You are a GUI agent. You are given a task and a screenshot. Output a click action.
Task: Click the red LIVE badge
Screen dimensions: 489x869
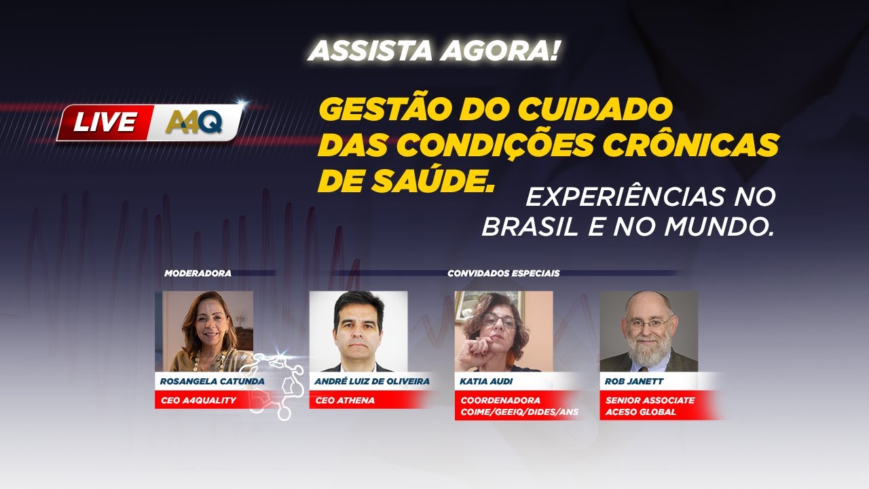point(105,122)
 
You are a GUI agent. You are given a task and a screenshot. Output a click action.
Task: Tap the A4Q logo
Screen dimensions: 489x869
point(194,122)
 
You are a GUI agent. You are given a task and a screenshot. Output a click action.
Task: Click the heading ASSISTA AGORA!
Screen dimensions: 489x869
point(434,51)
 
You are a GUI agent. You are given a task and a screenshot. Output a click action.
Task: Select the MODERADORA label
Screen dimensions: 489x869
point(198,274)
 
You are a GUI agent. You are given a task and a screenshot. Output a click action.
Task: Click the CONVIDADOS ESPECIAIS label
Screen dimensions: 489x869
point(503,274)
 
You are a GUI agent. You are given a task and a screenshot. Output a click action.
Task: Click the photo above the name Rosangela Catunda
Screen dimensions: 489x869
point(204,331)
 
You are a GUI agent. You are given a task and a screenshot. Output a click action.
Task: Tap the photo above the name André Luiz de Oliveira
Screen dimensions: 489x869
point(358,331)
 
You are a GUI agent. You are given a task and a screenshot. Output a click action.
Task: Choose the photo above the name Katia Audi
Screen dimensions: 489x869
point(503,331)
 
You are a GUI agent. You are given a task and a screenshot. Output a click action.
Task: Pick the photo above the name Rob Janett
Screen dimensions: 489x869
point(648,331)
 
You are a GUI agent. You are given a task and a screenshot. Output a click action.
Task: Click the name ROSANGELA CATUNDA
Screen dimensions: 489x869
point(210,382)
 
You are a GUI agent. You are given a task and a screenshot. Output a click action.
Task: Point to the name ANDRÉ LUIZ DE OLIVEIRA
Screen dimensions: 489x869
point(372,382)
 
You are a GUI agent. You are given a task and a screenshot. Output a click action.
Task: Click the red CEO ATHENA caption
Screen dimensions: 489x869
point(345,401)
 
